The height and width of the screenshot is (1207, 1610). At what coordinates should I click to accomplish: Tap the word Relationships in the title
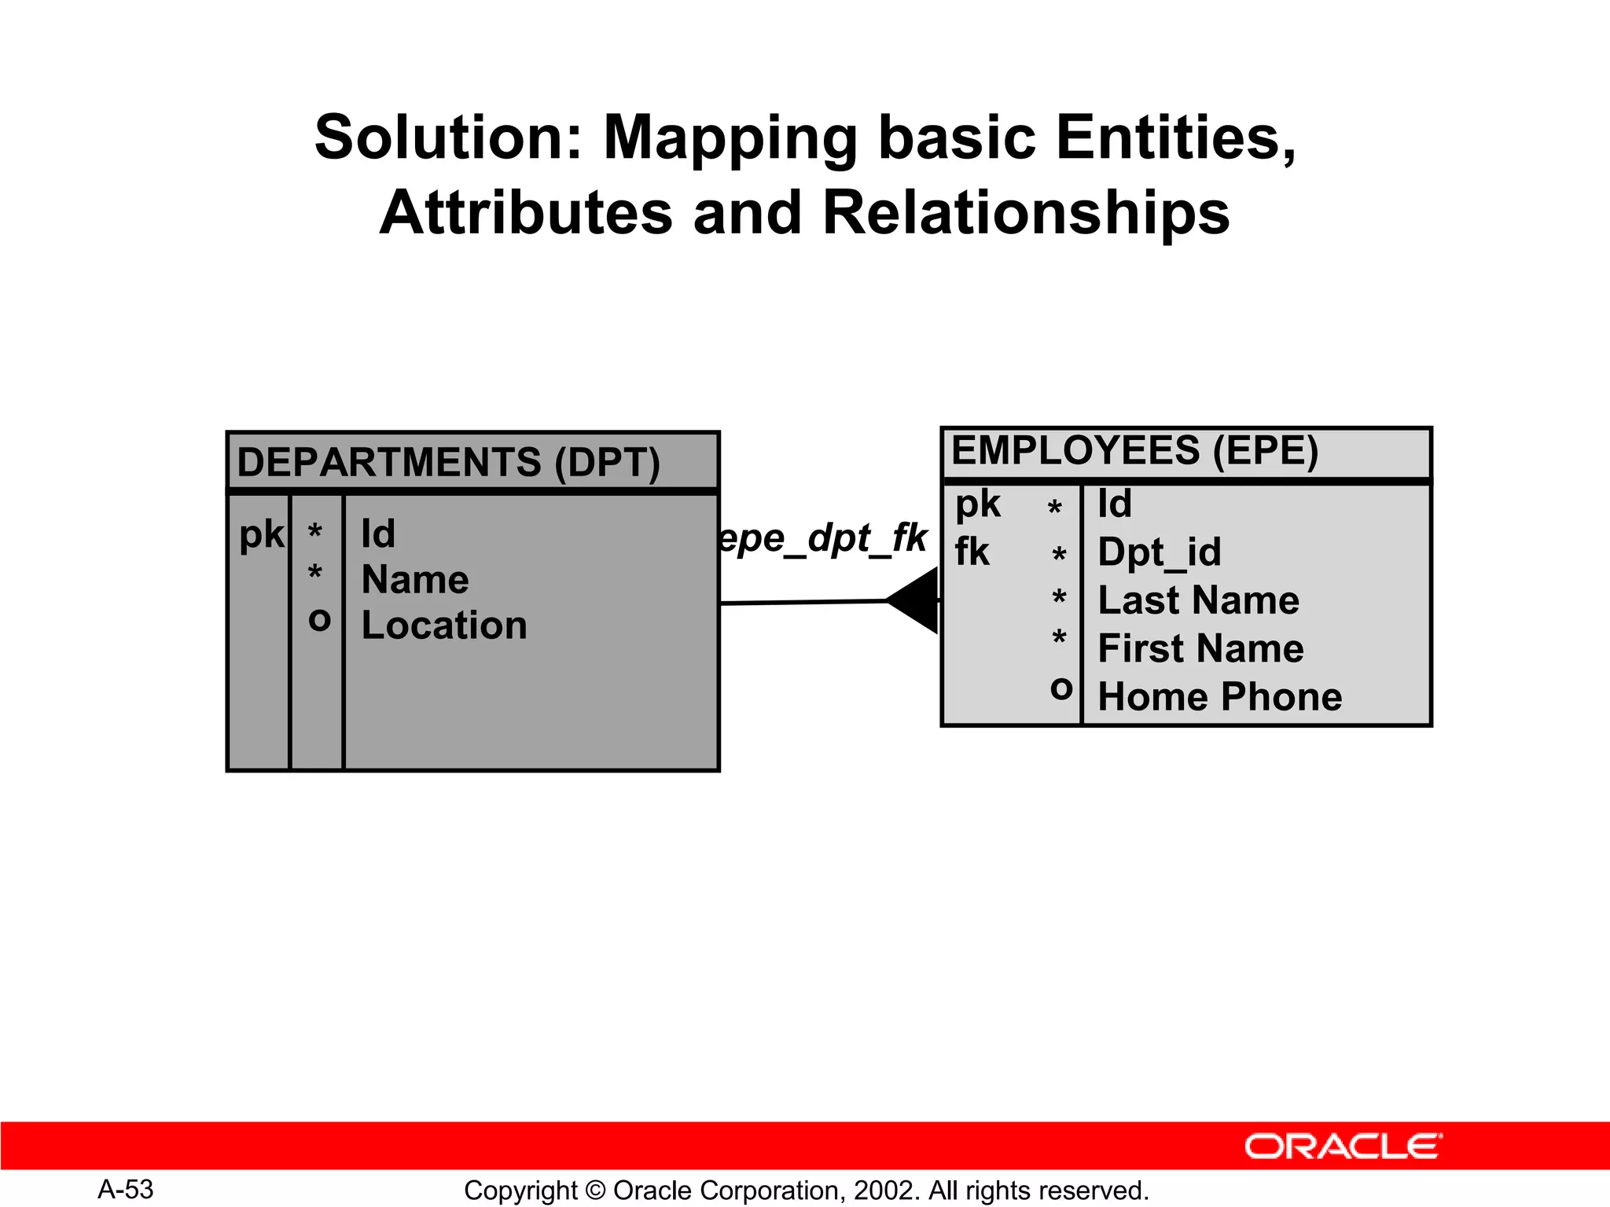click(1026, 214)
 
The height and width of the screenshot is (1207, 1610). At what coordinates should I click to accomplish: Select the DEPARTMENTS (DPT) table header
click(449, 463)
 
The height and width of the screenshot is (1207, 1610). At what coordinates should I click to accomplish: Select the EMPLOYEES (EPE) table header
click(1134, 452)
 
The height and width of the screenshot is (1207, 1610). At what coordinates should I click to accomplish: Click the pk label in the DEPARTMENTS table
click(261, 536)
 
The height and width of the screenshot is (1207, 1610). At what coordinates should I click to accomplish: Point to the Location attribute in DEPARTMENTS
click(444, 626)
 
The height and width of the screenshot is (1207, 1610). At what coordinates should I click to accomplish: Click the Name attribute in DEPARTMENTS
click(415, 581)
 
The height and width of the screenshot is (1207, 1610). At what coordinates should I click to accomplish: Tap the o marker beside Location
click(319, 621)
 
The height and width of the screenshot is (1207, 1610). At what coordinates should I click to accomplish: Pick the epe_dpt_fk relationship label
click(823, 539)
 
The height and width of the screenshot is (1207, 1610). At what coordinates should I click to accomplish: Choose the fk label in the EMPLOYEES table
click(972, 552)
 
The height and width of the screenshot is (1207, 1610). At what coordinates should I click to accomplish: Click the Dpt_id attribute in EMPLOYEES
click(1160, 552)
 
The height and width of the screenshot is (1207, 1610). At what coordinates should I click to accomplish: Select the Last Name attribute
click(1198, 601)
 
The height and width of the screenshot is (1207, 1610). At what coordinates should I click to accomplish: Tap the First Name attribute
click(1200, 649)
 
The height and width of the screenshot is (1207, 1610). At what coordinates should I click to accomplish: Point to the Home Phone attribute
click(1219, 698)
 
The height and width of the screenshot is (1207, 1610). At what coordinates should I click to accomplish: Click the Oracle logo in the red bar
click(1343, 1146)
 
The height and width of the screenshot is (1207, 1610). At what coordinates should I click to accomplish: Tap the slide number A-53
click(126, 1190)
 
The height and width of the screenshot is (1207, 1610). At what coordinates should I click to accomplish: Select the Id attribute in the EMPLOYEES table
click(1115, 504)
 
